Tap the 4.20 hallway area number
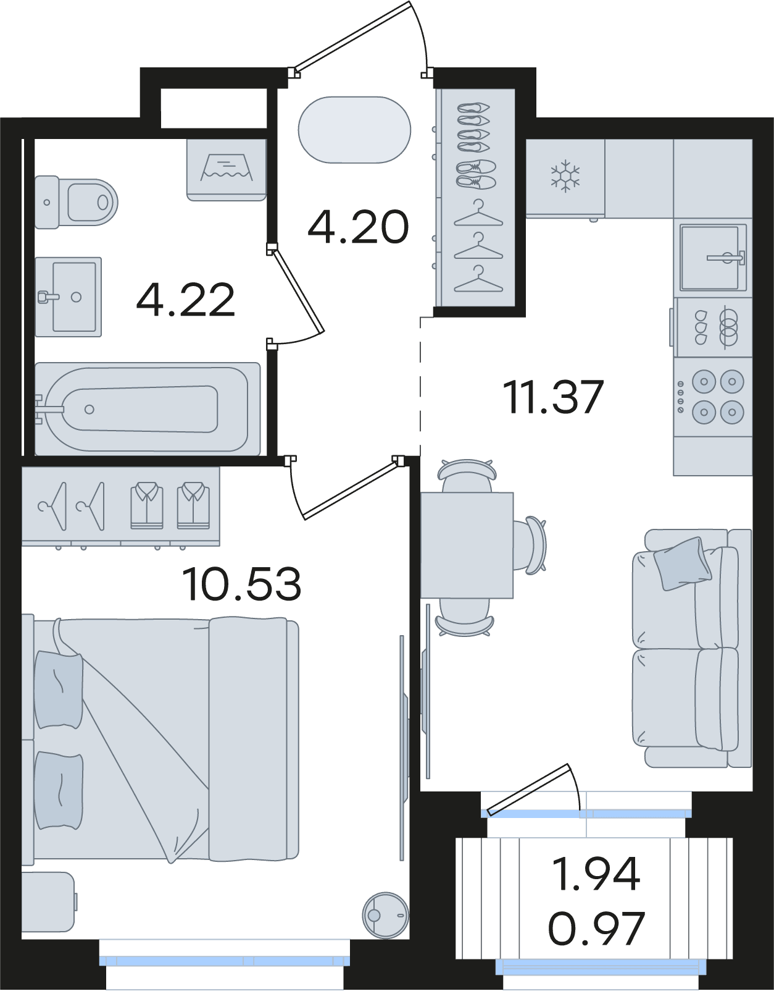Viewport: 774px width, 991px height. [358, 227]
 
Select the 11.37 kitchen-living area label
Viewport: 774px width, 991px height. [554, 397]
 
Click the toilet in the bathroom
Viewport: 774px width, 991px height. [77, 202]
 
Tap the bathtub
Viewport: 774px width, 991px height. [148, 408]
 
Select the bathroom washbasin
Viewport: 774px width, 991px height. [69, 297]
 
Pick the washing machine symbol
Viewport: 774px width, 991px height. [227, 170]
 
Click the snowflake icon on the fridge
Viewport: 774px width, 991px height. [565, 175]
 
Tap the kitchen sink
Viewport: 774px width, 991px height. [714, 258]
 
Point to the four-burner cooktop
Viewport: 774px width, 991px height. [713, 396]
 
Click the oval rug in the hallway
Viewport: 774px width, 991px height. [355, 130]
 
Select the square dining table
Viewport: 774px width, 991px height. [467, 545]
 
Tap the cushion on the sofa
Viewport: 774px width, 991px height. [683, 563]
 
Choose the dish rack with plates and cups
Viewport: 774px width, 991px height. [713, 327]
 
